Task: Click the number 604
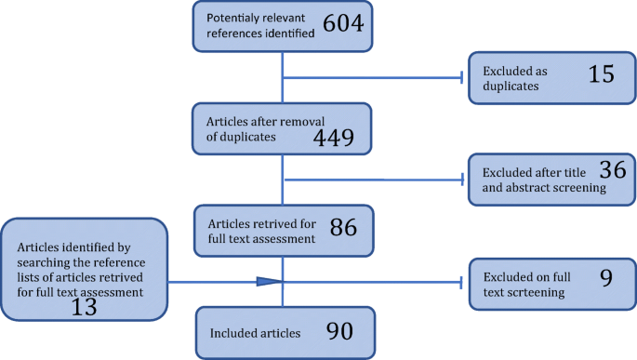[343, 23]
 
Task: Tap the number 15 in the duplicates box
[602, 73]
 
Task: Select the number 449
[334, 138]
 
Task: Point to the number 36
[613, 169]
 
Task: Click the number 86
[343, 227]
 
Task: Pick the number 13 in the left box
[84, 307]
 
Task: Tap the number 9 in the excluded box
[606, 278]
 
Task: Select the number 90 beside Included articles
[339, 331]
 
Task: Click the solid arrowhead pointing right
[270, 282]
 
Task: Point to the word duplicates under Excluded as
[511, 87]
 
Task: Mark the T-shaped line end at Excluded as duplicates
[462, 77]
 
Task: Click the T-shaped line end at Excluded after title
[462, 180]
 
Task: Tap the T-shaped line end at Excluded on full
[461, 283]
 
